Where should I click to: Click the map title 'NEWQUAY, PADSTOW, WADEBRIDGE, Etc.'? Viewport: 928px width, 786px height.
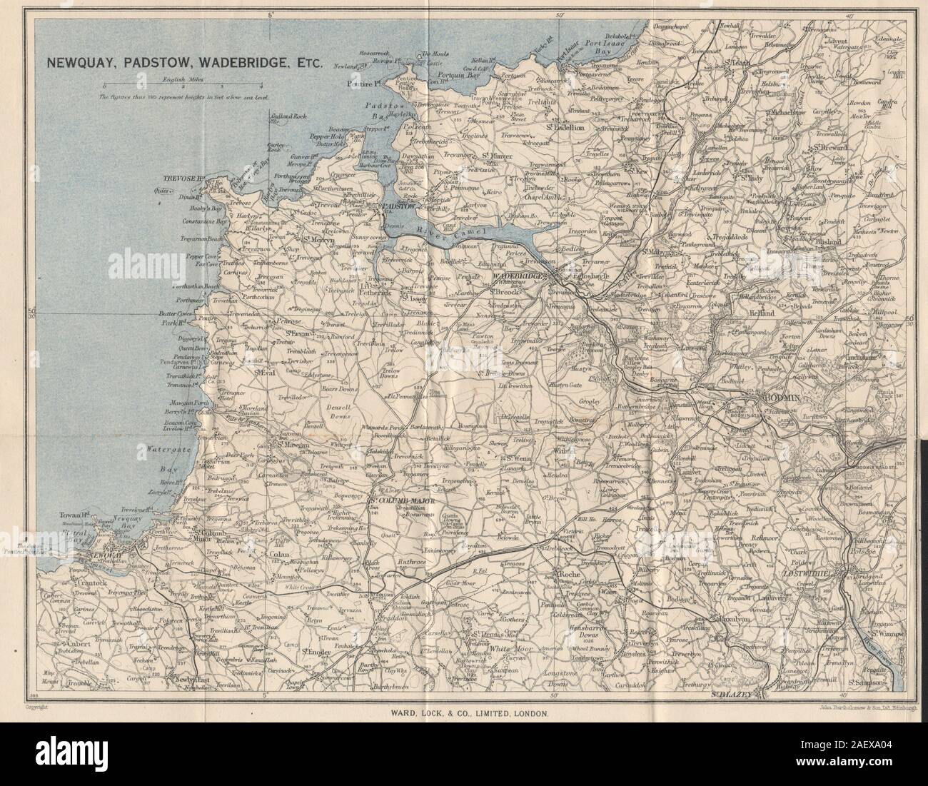coord(185,62)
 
